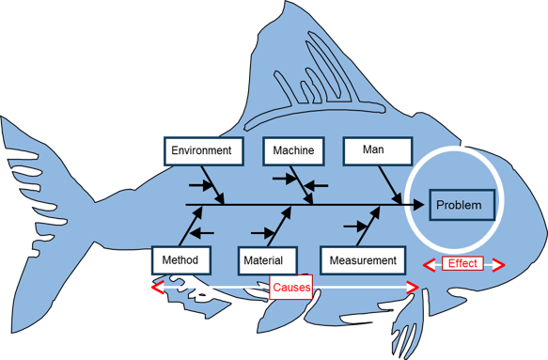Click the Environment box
point(203,150)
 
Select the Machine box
point(293,150)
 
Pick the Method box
point(180,259)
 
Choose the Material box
point(268,260)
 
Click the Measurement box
point(363,260)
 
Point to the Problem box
point(458,205)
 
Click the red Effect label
point(462,263)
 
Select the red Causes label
point(291,287)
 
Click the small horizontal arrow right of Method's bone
point(203,231)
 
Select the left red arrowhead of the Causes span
point(157,287)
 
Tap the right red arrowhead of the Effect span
point(498,264)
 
